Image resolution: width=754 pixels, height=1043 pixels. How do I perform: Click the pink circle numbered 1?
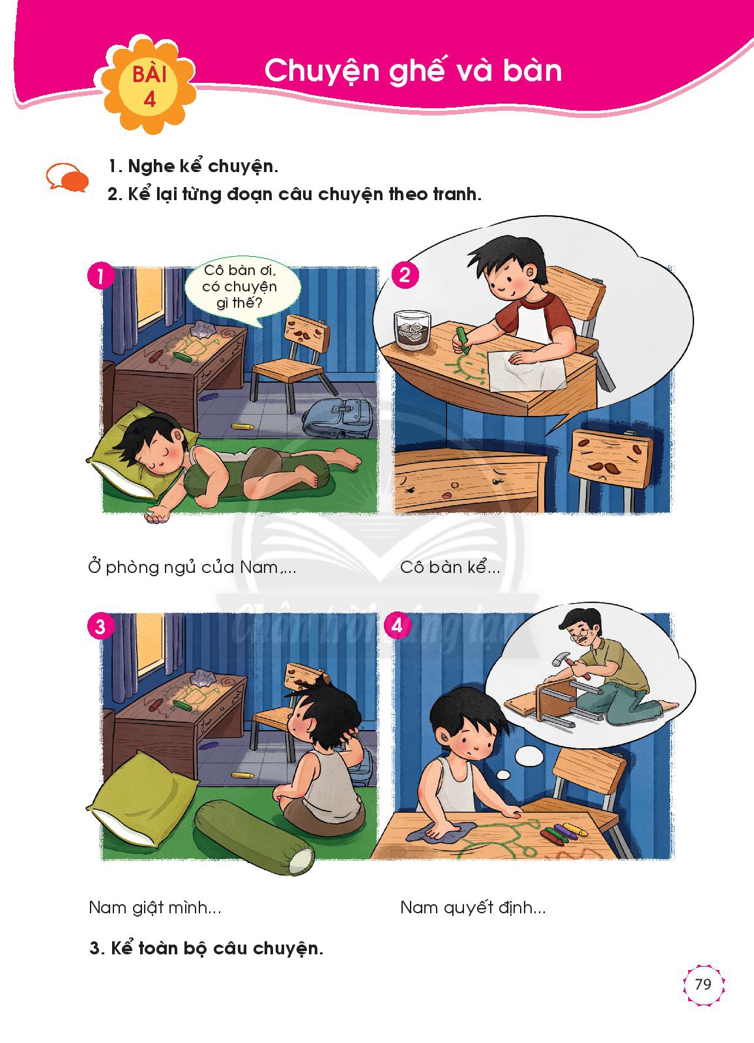click(x=100, y=276)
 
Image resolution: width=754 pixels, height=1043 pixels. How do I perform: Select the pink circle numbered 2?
click(x=405, y=276)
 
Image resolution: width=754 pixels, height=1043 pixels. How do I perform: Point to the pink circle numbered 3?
click(x=100, y=626)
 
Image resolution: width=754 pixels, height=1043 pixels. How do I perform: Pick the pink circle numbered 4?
click(x=396, y=625)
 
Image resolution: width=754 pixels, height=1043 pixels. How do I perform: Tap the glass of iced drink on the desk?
click(x=413, y=330)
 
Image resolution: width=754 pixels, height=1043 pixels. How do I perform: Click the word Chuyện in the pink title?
click(x=322, y=71)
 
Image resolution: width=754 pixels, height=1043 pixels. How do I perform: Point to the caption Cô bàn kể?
click(x=450, y=566)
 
